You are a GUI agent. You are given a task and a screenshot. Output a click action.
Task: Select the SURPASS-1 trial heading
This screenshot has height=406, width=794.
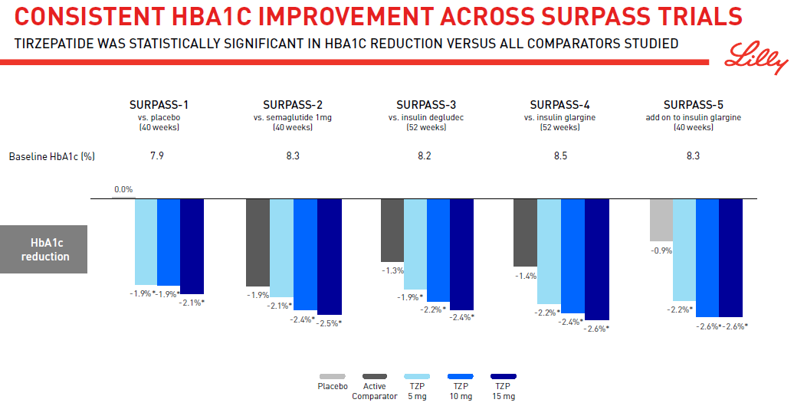(x=159, y=104)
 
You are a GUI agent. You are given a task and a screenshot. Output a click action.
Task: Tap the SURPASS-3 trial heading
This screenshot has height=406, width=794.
(x=426, y=104)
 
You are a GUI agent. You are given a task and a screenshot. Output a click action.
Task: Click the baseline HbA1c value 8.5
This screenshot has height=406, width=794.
(x=560, y=156)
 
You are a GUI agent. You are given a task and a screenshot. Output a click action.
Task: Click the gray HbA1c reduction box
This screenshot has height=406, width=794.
(x=44, y=250)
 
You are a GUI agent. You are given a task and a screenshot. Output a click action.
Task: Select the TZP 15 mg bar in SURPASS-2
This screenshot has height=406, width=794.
(x=329, y=256)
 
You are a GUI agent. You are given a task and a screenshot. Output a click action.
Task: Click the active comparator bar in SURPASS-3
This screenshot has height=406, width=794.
(x=392, y=230)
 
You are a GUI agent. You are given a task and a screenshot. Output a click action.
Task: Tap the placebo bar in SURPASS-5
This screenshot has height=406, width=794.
(x=661, y=220)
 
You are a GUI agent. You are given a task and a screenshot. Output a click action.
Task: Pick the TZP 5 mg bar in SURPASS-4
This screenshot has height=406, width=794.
(x=548, y=251)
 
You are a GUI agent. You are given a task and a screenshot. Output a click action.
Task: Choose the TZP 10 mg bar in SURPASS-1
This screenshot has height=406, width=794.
(x=169, y=242)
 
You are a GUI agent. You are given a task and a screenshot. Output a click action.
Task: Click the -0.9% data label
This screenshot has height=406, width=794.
(x=661, y=250)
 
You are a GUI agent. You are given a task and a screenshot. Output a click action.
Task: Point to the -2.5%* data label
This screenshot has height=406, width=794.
(x=329, y=323)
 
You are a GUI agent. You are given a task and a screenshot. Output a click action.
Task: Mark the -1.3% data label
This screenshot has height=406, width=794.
(x=392, y=270)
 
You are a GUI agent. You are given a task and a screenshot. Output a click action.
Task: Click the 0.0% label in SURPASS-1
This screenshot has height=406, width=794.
(x=123, y=189)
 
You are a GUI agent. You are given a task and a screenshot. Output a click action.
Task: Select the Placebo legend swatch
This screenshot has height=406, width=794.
(x=333, y=376)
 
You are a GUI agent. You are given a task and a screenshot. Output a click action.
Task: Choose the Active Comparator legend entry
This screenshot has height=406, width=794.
(x=374, y=391)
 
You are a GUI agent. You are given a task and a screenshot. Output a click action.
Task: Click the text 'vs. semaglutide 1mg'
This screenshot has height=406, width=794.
(x=293, y=117)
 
